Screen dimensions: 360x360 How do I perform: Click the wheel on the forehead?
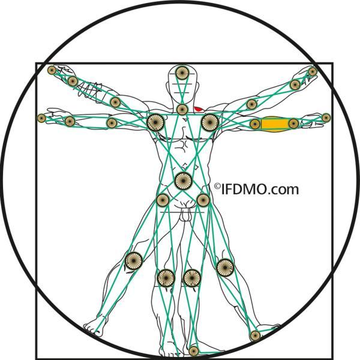pyautogui.click(x=182, y=73)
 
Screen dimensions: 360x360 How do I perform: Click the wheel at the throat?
pyautogui.click(x=182, y=110)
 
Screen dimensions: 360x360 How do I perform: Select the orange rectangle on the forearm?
pyautogui.click(x=275, y=124)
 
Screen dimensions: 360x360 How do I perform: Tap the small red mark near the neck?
pyautogui.click(x=199, y=109)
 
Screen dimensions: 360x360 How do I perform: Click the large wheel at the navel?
pyautogui.click(x=183, y=181)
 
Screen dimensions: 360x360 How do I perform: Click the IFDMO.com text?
pyautogui.click(x=260, y=190)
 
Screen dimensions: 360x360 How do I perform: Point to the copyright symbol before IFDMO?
pyautogui.click(x=217, y=186)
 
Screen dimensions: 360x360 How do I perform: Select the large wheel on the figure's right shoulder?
pyautogui.click(x=155, y=122)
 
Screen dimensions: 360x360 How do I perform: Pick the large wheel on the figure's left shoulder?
pyautogui.click(x=210, y=122)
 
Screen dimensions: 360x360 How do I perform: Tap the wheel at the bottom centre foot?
pyautogui.click(x=194, y=350)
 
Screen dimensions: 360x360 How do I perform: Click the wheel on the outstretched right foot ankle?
pyautogui.click(x=255, y=336)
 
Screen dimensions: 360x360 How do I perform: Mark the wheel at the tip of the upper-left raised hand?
pyautogui.click(x=52, y=70)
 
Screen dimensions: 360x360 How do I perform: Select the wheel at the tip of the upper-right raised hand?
pyautogui.click(x=313, y=71)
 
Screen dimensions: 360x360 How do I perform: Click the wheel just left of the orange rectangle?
pyautogui.click(x=255, y=124)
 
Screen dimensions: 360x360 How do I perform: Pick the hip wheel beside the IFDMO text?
pyautogui.click(x=203, y=200)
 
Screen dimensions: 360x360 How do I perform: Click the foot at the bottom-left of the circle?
pyautogui.click(x=94, y=328)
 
